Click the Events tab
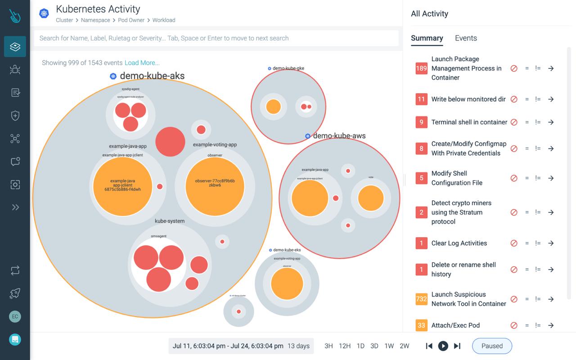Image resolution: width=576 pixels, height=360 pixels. click(x=466, y=38)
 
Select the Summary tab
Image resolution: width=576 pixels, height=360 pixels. click(x=427, y=38)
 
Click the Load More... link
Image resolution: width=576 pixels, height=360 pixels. click(x=142, y=63)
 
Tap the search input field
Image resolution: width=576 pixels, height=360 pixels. click(x=216, y=38)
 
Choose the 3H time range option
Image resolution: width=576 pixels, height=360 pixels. click(x=329, y=346)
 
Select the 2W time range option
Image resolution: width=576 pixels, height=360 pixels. click(x=405, y=346)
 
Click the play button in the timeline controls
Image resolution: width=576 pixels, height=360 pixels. click(x=443, y=346)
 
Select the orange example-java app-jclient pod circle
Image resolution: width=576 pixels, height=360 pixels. click(x=122, y=186)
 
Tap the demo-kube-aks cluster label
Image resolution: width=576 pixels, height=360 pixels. click(x=152, y=76)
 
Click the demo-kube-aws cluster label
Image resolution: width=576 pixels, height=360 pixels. click(x=339, y=136)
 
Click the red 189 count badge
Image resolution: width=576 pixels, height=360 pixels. click(x=421, y=68)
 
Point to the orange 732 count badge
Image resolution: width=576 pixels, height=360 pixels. click(x=421, y=299)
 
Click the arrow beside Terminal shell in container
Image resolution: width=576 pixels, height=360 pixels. click(x=551, y=122)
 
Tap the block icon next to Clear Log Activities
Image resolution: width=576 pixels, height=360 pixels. click(x=514, y=243)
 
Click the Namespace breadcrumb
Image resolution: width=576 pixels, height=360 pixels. click(x=95, y=20)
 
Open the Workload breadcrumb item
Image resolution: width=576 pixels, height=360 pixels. click(x=164, y=20)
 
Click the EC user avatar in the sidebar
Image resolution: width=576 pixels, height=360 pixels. click(x=15, y=316)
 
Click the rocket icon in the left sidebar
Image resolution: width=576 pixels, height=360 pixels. click(x=15, y=293)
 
